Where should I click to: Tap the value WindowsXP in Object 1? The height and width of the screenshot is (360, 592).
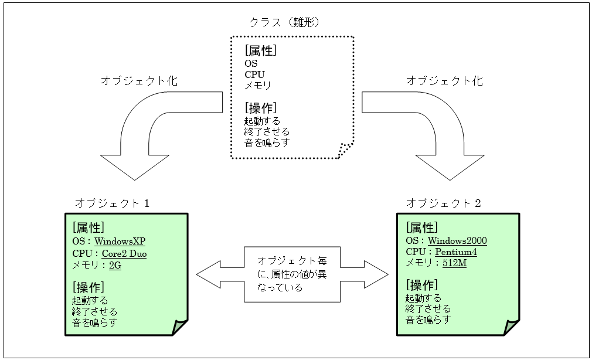click(x=121, y=241)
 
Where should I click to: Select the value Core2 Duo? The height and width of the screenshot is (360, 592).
click(x=124, y=253)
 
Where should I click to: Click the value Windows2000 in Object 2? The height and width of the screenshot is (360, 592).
click(x=457, y=240)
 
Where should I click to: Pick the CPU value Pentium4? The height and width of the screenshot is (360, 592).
click(x=455, y=252)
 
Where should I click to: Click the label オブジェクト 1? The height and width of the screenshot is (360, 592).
click(x=113, y=203)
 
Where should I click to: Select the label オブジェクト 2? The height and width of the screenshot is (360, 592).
click(x=444, y=203)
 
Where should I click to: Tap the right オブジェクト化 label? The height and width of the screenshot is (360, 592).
click(x=445, y=81)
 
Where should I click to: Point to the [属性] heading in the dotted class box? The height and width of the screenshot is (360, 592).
click(x=261, y=51)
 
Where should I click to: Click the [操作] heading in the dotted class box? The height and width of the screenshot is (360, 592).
click(x=261, y=108)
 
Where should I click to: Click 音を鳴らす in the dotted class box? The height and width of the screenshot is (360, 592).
click(x=267, y=142)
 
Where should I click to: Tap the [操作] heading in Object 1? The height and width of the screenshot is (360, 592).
click(x=89, y=287)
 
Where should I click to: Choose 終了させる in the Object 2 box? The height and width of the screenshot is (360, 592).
click(x=428, y=308)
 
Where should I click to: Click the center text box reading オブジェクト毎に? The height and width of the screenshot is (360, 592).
click(x=292, y=274)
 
